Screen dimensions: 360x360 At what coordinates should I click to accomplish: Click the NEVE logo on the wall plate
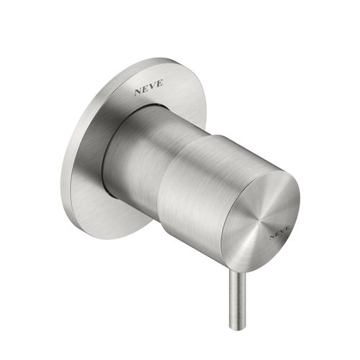coord(148,87)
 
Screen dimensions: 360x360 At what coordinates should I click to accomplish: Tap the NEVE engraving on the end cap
coord(280,232)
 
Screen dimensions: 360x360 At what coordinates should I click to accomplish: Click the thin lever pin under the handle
coord(238,300)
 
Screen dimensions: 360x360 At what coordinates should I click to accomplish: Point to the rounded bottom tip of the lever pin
coord(237,328)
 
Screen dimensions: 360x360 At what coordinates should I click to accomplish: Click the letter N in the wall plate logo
coord(138,91)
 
